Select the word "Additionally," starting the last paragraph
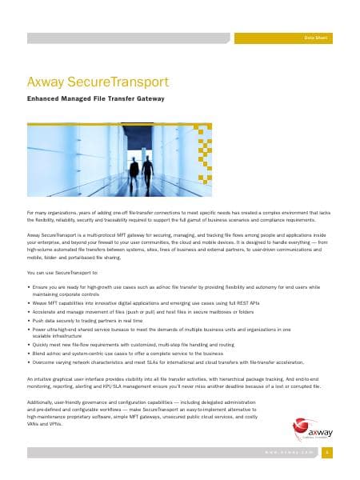click(x=42, y=402)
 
